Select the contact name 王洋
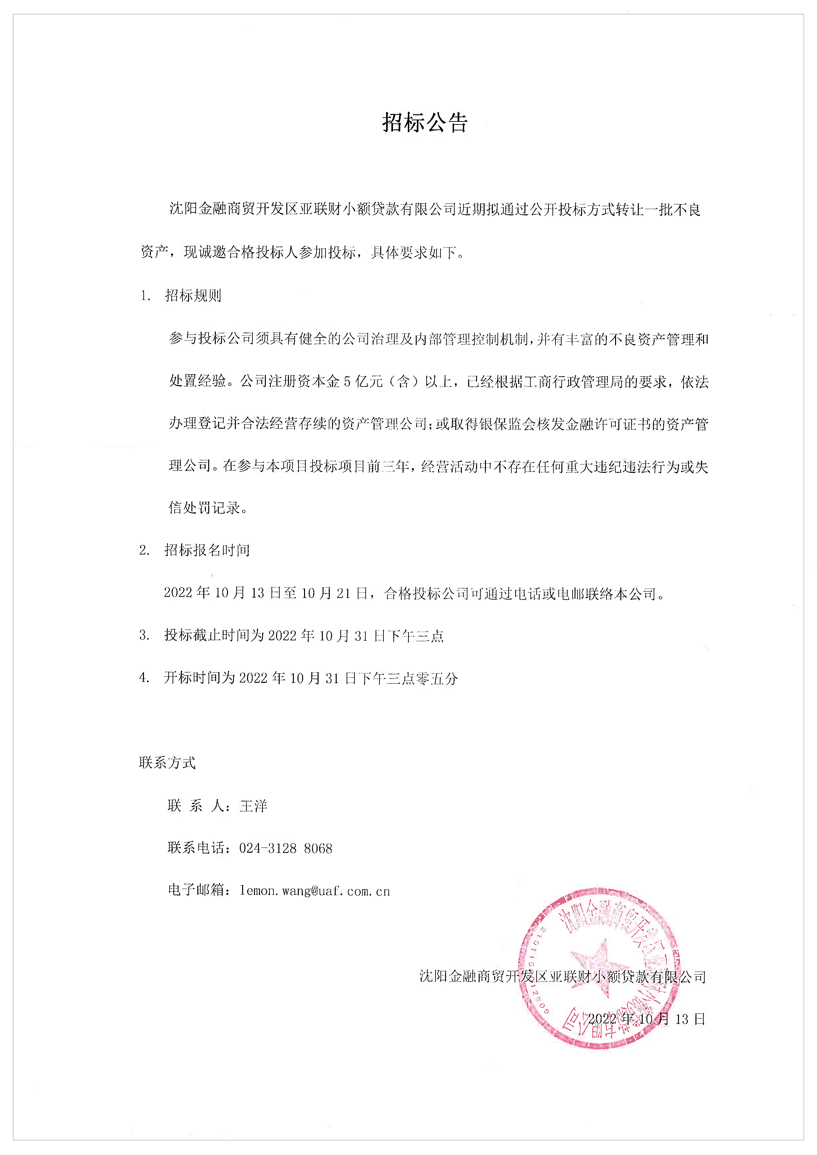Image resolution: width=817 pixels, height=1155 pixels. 254,806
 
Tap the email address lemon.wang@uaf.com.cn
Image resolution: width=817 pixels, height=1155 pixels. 315,891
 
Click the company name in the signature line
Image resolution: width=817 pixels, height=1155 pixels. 562,977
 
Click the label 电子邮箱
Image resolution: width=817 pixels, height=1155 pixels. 196,891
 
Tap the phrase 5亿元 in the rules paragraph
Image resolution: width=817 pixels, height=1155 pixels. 363,382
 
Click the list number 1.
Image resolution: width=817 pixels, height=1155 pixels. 145,296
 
